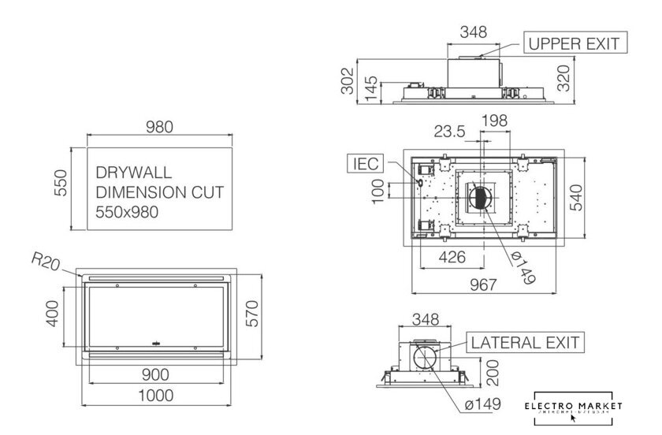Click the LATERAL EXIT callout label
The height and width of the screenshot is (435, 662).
(526, 343)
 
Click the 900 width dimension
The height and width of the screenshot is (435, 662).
(158, 374)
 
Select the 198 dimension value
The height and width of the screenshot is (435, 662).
(493, 120)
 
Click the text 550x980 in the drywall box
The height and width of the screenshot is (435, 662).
(128, 212)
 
